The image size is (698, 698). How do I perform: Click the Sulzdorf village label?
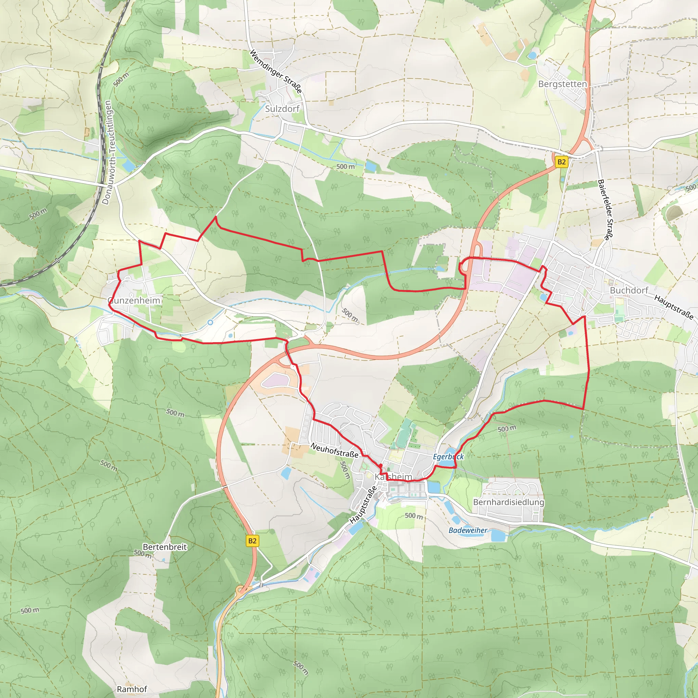pos(282,109)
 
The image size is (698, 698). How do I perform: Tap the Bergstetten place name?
pos(562,84)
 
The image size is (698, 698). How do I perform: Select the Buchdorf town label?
pos(629,290)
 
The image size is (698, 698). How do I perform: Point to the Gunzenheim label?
pos(134,301)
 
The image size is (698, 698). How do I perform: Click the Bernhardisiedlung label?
pos(508,502)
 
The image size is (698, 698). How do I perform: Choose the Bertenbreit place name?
pos(165,547)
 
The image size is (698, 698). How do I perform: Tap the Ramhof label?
pos(132,689)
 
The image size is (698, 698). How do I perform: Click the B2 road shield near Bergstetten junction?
pos(561,162)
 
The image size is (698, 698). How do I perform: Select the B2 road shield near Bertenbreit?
pos(252,541)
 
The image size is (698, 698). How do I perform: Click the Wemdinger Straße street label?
pos(276,71)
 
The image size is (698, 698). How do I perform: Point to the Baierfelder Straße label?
pos(606,210)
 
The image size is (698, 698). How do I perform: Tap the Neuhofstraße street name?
pos(334,451)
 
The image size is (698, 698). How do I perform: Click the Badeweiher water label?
pos(468,530)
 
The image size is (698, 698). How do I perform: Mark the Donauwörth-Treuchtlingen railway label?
pos(107,152)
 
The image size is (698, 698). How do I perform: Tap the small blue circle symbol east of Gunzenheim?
pos(210,322)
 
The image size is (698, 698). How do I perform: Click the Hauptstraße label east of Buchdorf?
pos(674,307)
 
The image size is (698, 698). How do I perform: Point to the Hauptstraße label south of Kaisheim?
pos(363,505)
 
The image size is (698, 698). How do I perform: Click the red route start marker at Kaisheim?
pos(380,466)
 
